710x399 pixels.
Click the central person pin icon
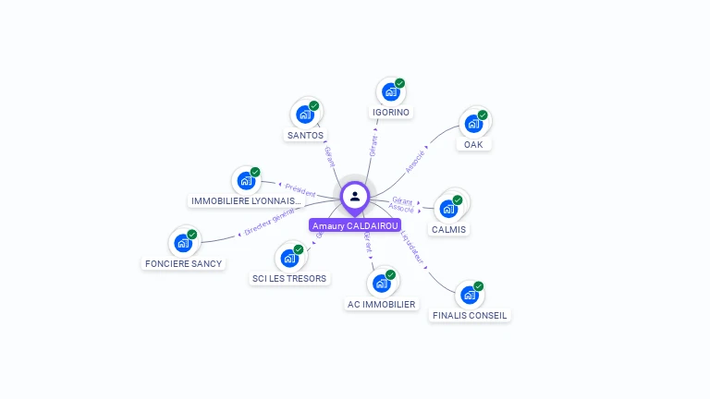(x=355, y=196)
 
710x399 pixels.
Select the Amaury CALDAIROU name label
(x=355, y=225)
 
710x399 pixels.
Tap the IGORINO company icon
(x=391, y=92)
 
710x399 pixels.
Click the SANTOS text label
(x=305, y=135)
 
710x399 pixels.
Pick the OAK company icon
(x=473, y=124)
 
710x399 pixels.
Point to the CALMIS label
(x=449, y=229)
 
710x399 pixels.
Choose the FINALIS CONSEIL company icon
(x=470, y=296)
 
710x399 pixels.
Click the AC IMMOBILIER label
(x=382, y=304)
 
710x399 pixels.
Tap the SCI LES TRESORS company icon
(x=289, y=259)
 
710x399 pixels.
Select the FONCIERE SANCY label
(x=183, y=263)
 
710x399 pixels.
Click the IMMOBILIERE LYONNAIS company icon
(x=246, y=181)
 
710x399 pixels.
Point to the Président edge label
(x=300, y=189)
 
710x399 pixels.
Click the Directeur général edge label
(x=270, y=222)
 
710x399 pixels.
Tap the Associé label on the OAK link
(x=415, y=160)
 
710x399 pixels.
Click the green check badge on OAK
(x=483, y=115)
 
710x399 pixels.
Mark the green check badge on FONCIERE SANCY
(x=192, y=235)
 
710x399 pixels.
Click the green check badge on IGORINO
(x=400, y=84)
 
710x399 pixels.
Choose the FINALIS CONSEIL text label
(x=470, y=315)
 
